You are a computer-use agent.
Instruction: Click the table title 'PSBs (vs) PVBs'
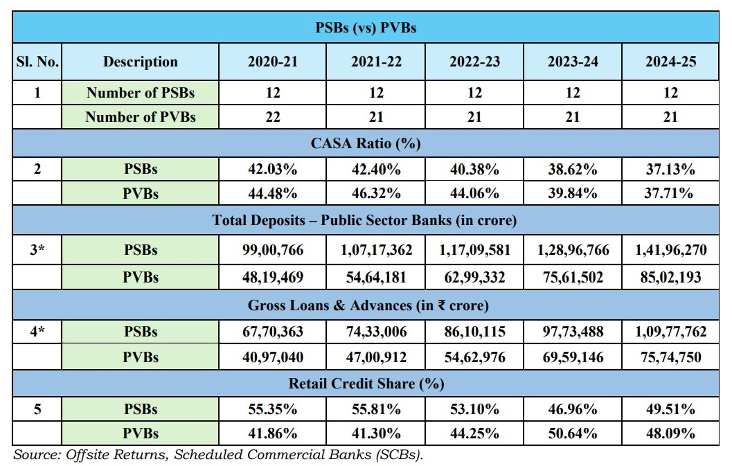365,27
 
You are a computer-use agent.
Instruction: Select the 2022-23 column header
474,62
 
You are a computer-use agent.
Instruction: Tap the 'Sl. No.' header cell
37,62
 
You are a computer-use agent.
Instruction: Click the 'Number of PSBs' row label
140,93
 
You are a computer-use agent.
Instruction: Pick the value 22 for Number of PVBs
273,117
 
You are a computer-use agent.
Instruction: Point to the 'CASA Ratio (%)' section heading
365,143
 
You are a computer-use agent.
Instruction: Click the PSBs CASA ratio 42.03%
273,169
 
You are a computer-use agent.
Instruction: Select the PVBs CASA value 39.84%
573,193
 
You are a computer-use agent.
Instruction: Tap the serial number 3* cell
37,250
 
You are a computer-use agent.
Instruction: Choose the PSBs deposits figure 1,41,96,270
671,250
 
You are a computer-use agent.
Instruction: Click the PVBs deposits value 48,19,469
273,277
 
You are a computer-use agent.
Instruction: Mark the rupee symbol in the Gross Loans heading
441,305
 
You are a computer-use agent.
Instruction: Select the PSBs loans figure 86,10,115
474,332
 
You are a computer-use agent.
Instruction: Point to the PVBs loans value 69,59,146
573,357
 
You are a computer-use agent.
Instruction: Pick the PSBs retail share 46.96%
573,409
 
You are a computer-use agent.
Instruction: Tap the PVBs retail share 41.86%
273,434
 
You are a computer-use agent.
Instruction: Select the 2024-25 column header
671,62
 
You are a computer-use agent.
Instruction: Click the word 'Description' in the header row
140,62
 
